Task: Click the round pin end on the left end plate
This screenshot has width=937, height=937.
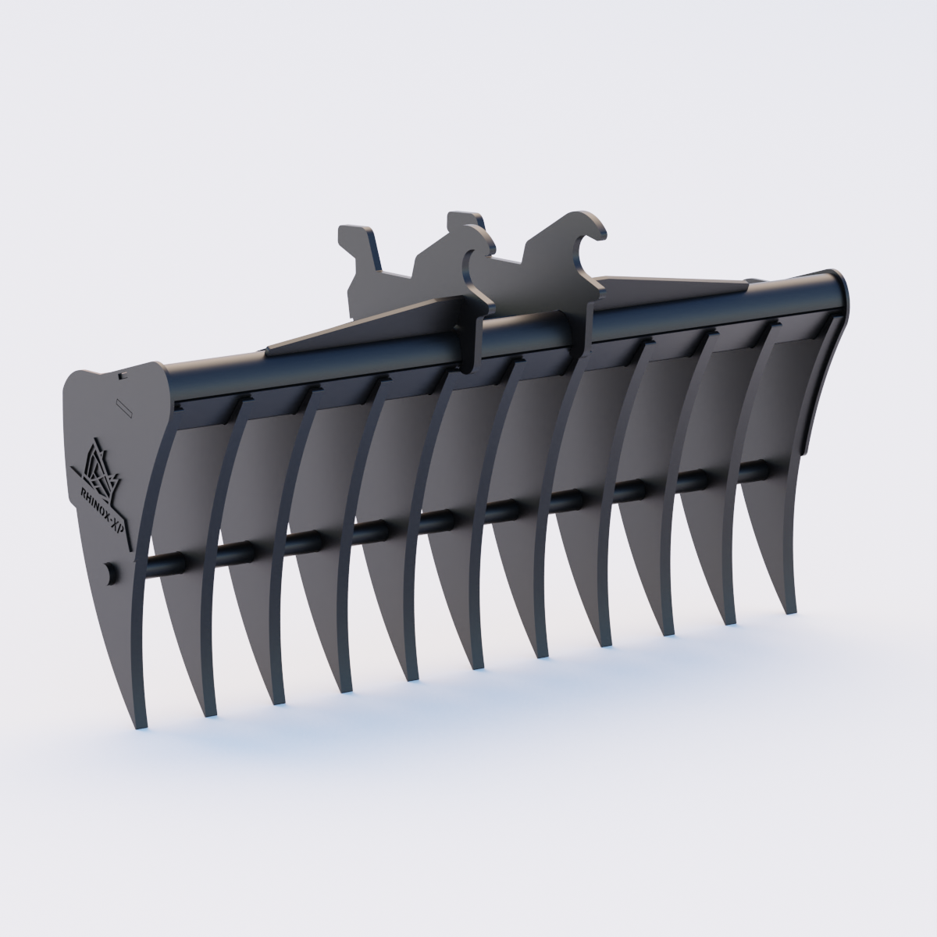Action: click(x=110, y=572)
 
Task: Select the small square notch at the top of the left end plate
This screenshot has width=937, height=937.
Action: click(x=123, y=376)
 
